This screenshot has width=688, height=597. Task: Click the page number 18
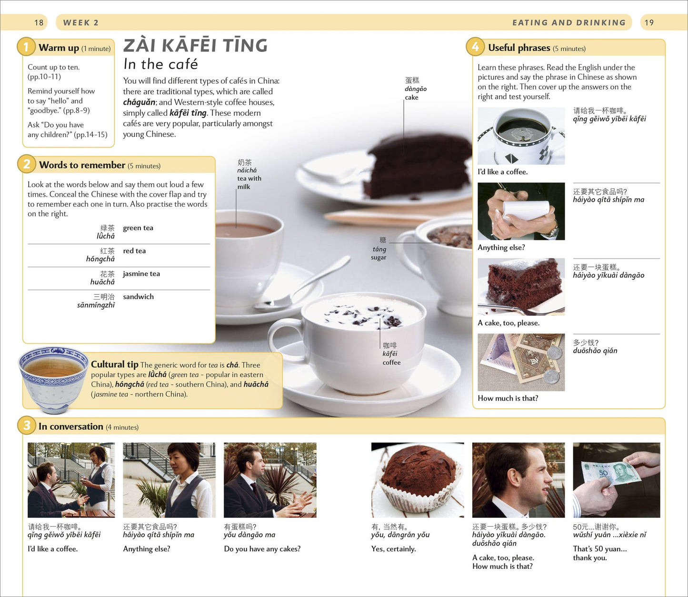click(39, 22)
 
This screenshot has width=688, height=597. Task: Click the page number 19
click(649, 22)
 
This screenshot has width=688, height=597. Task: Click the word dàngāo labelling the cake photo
click(416, 89)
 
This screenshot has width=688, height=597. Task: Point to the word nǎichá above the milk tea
click(247, 170)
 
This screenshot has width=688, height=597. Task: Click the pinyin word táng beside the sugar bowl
click(379, 249)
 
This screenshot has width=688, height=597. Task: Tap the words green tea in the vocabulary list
click(138, 228)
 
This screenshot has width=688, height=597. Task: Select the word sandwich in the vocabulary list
click(138, 297)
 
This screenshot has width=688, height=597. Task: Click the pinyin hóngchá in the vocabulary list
click(100, 259)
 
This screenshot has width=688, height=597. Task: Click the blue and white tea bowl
click(53, 378)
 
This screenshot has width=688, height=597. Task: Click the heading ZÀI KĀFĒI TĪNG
click(195, 45)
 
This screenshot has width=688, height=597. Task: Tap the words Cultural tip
click(115, 364)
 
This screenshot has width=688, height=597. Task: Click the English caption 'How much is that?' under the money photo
click(508, 398)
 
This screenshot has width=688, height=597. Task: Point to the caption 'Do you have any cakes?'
click(262, 548)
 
